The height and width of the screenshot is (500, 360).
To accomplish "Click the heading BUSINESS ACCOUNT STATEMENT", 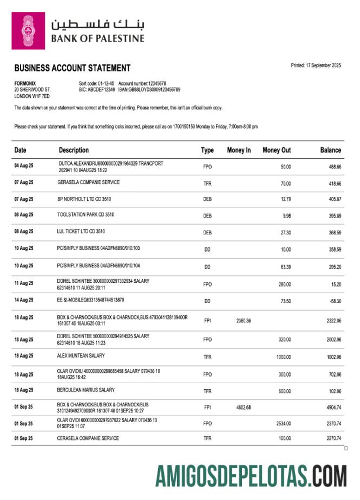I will pyautogui.click(x=72, y=68).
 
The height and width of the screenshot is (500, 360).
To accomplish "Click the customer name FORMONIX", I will pyautogui.click(x=25, y=83).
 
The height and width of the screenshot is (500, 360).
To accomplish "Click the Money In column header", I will pyautogui.click(x=239, y=150).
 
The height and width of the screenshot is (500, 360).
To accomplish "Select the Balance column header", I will pyautogui.click(x=330, y=150).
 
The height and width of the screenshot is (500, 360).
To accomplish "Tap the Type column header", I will pyautogui.click(x=207, y=150).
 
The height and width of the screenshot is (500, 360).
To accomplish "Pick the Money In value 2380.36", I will pyautogui.click(x=243, y=321).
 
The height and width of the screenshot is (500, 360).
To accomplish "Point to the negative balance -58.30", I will pyautogui.click(x=333, y=300).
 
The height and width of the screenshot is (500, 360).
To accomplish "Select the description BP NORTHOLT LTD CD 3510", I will pyautogui.click(x=84, y=199).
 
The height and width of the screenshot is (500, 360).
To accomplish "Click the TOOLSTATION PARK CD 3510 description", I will pyautogui.click(x=86, y=215).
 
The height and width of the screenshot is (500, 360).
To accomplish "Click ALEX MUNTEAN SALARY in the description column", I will pyautogui.click(x=81, y=356).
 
